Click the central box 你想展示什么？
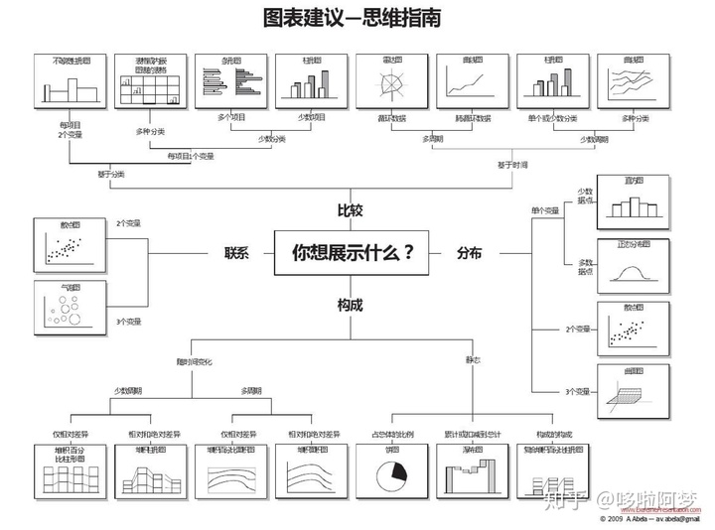353,253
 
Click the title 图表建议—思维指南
353,19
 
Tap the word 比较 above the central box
350,210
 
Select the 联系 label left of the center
235,253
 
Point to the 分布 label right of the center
469,253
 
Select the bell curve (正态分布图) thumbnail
633,266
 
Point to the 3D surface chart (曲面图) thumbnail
633,391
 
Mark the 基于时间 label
512,164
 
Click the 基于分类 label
110,174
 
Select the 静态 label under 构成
473,358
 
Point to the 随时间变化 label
194,358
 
